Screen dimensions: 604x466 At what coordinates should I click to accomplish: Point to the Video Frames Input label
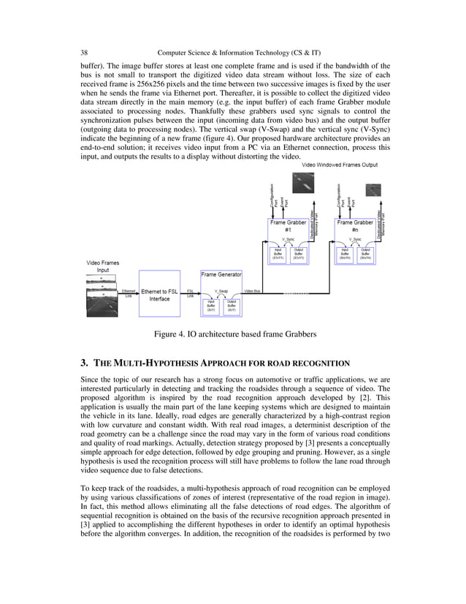coord(103,265)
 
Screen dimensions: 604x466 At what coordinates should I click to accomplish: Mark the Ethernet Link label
coord(128,293)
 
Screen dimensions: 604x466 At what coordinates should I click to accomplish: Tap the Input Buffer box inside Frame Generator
coord(211,305)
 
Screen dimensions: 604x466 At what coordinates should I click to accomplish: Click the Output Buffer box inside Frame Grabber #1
coord(298,254)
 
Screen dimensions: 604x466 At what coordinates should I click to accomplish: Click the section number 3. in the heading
coord(84,363)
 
